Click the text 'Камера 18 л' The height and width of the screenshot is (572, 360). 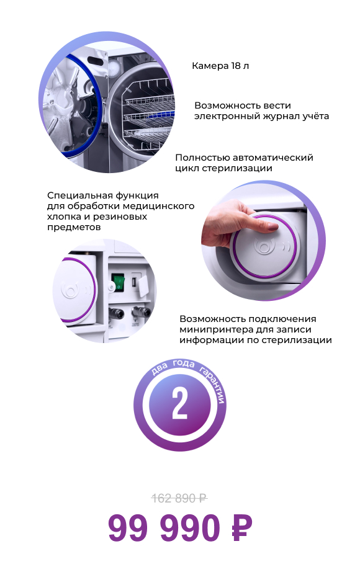click(220, 66)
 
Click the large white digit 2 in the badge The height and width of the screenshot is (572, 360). click(179, 404)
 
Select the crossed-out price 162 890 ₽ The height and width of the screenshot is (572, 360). click(179, 498)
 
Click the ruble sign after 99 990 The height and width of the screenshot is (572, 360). click(241, 528)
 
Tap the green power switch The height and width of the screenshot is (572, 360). click(117, 283)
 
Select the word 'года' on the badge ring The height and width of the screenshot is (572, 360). click(184, 364)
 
